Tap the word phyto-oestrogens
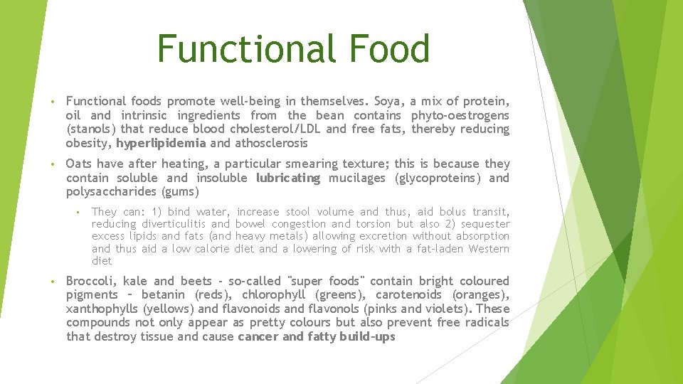pos(460,115)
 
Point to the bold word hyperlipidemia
pos(161,143)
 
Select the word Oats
pos(79,164)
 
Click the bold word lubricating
pos(288,178)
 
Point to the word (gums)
pos(181,192)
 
